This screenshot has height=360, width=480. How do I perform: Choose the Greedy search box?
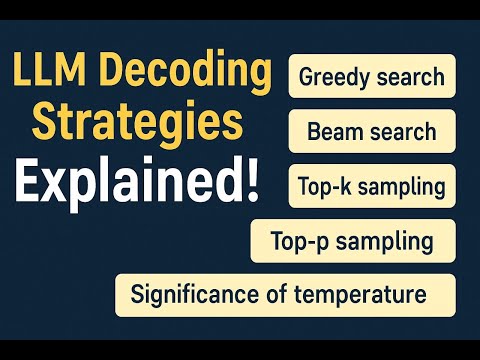click(372, 76)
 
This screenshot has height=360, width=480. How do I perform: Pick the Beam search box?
click(372, 131)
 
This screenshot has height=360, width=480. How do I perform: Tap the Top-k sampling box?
click(372, 186)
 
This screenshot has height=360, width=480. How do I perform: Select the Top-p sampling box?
click(352, 241)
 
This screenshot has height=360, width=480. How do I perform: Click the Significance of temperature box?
click(285, 296)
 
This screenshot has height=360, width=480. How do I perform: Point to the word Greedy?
click(332, 76)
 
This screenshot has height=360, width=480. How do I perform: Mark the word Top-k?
click(321, 186)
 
